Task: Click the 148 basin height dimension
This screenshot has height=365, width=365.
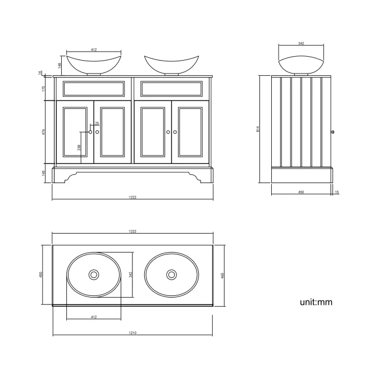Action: pyautogui.click(x=60, y=65)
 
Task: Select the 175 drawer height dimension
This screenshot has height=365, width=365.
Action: pyautogui.click(x=43, y=89)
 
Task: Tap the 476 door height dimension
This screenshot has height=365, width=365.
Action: pyautogui.click(x=43, y=131)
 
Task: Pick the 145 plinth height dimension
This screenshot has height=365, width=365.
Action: pyautogui.click(x=43, y=174)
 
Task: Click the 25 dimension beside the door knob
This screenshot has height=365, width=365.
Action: pyautogui.click(x=97, y=124)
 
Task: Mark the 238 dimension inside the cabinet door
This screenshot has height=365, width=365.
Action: pyautogui.click(x=79, y=148)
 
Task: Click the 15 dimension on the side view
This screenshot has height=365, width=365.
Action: pyautogui.click(x=336, y=192)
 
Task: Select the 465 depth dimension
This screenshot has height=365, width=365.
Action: pyautogui.click(x=223, y=275)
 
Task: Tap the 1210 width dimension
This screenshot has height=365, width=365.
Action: pyautogui.click(x=133, y=333)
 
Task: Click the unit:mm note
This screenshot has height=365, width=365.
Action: pyautogui.click(x=316, y=302)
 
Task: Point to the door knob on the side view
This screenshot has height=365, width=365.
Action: pyautogui.click(x=334, y=133)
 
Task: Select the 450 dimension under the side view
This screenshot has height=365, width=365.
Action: pyautogui.click(x=301, y=192)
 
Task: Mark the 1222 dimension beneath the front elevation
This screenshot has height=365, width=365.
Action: pyautogui.click(x=133, y=197)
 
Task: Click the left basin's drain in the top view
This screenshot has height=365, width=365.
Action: pyautogui.click(x=94, y=275)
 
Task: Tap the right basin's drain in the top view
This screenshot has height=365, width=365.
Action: pyautogui.click(x=171, y=275)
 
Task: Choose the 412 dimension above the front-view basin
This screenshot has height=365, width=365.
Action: pyautogui.click(x=94, y=50)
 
